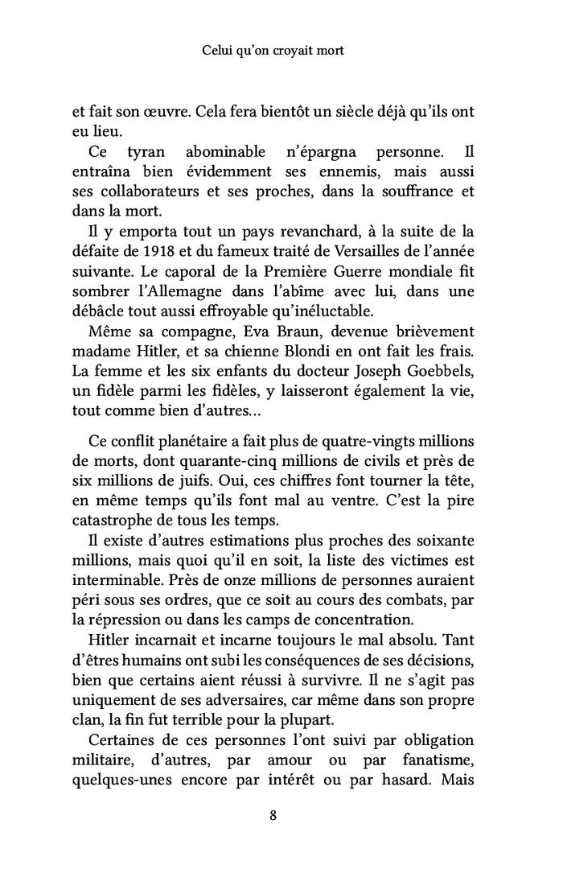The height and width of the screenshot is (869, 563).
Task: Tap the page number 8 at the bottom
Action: [x=273, y=815]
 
